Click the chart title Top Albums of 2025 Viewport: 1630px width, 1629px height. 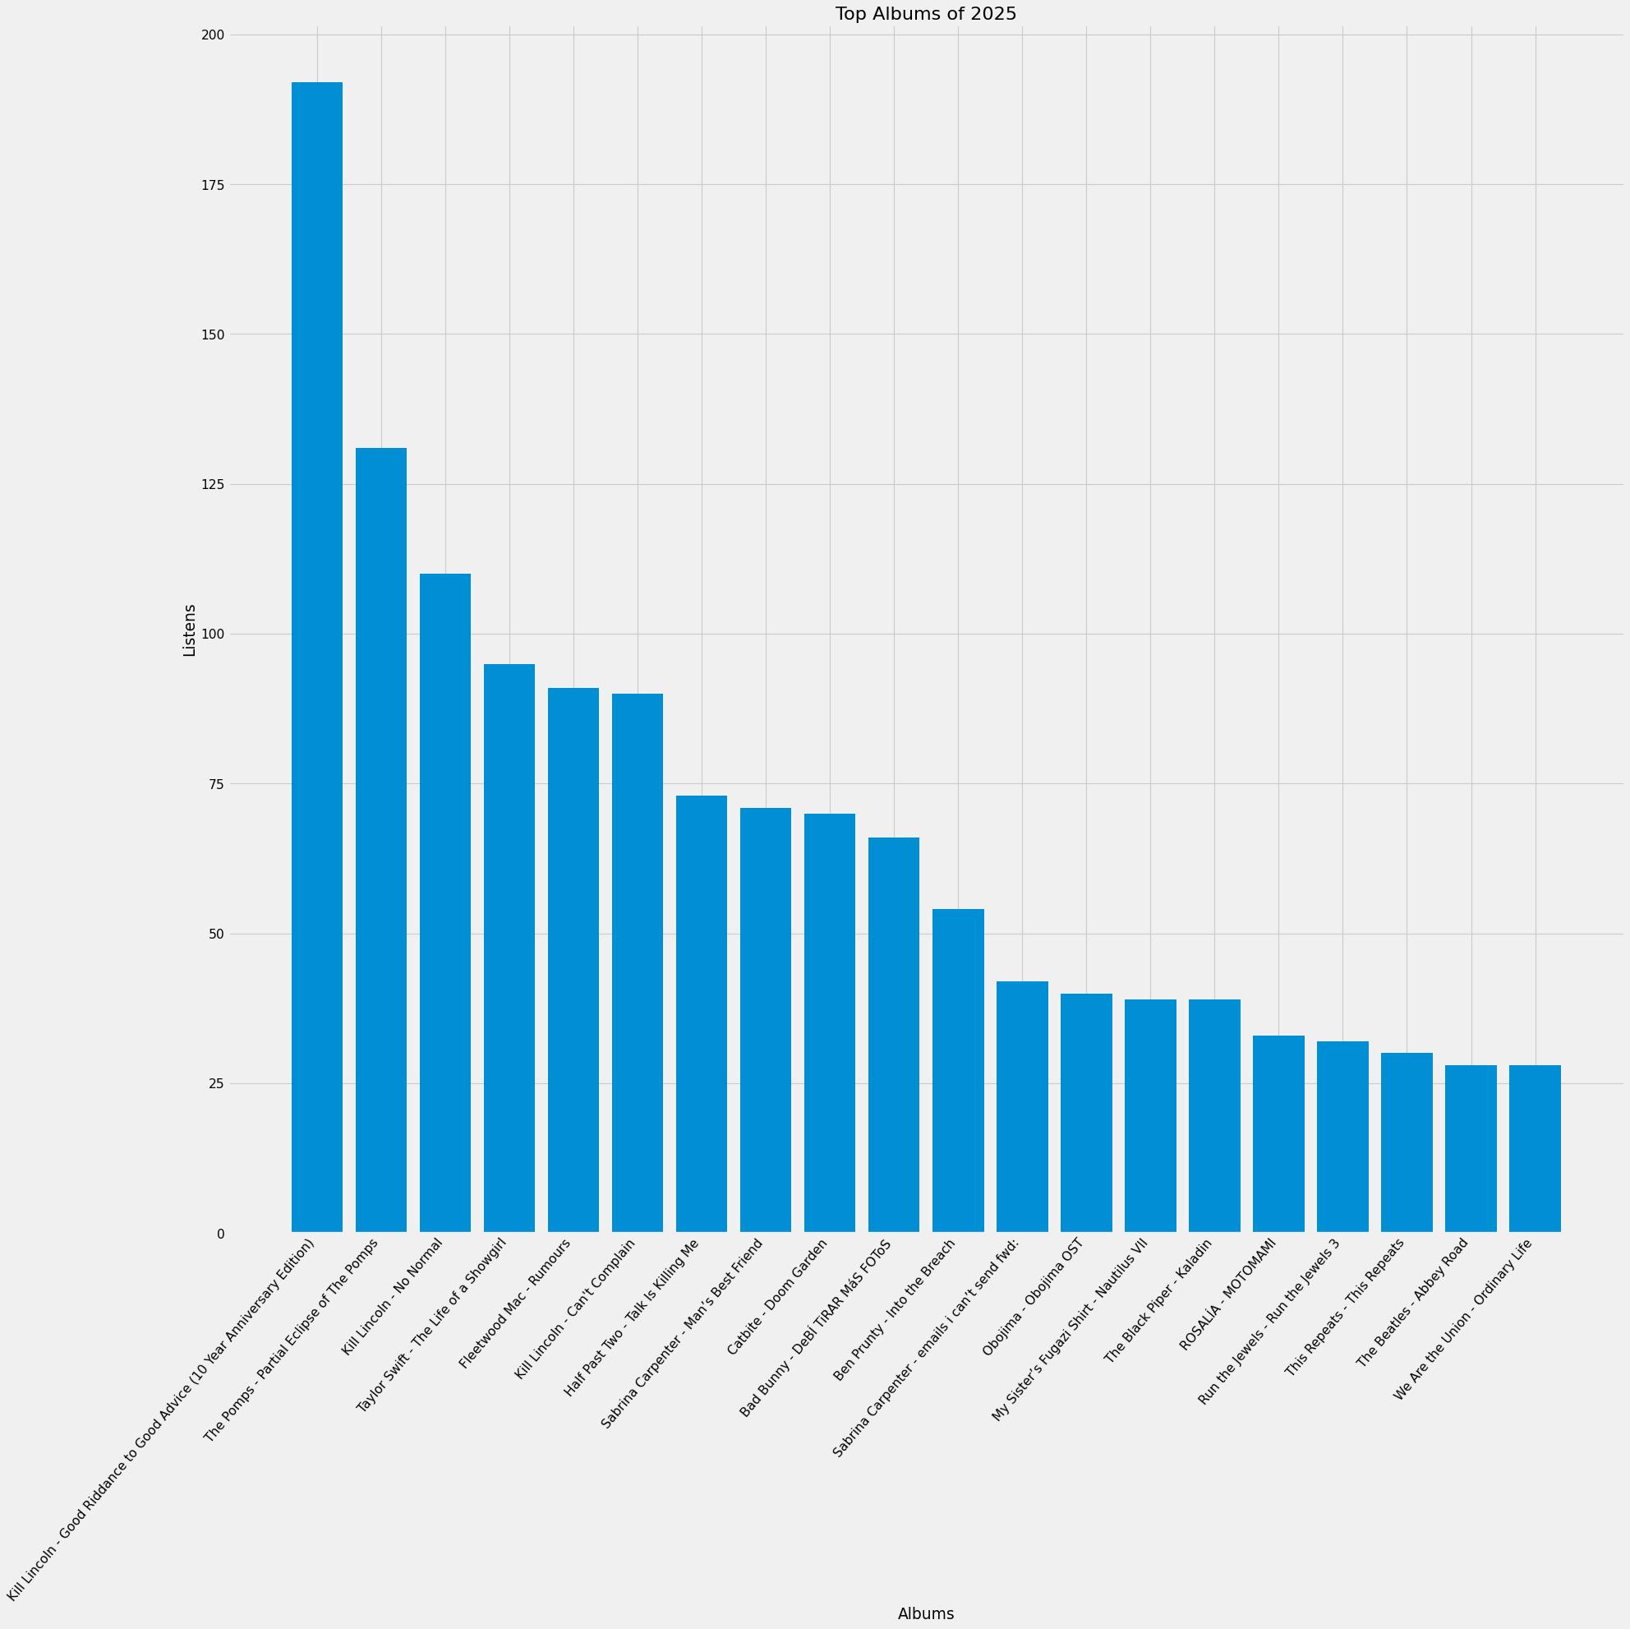point(926,13)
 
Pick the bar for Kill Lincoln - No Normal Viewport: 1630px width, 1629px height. point(444,902)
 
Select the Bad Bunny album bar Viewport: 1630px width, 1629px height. point(894,1034)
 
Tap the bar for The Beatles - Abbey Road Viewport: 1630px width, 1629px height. point(1471,1148)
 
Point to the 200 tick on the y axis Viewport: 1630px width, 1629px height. point(214,35)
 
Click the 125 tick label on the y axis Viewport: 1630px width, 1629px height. point(214,484)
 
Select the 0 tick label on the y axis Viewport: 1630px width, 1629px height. point(220,1234)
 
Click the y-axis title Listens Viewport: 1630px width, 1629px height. point(190,630)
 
